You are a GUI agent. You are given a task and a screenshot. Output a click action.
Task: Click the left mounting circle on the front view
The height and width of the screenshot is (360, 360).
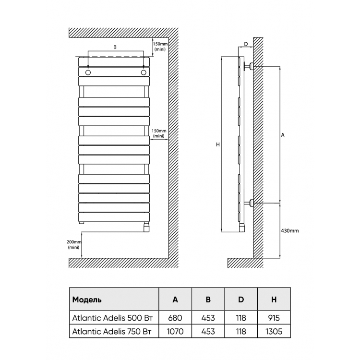coord(88,72)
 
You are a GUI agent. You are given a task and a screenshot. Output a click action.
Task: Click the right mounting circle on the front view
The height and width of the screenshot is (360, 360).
coord(144,72)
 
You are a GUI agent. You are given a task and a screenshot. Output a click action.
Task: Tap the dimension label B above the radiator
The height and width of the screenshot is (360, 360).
coord(115,47)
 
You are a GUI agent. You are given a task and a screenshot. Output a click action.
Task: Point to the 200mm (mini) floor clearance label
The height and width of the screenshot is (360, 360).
coord(74,244)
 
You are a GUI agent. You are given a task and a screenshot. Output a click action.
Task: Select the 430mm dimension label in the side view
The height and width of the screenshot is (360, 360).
coord(290,231)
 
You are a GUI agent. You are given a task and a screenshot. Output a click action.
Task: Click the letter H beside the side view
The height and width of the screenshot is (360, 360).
coord(218,144)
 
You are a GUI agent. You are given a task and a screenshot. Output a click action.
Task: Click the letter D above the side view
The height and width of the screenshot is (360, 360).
coord(246,44)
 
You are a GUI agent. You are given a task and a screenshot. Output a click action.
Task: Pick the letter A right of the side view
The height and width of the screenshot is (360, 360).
coord(283,135)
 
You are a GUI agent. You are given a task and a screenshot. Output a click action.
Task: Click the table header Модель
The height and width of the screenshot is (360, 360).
coord(87,300)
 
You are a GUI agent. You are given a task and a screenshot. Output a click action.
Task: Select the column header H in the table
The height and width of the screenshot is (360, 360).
coord(274,300)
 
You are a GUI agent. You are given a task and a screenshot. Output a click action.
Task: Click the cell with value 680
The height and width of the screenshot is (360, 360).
coord(175,318)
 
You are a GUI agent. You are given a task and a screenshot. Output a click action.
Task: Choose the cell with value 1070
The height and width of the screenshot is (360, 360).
coord(175,331)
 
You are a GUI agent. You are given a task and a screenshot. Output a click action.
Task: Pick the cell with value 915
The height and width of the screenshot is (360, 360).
coord(274,318)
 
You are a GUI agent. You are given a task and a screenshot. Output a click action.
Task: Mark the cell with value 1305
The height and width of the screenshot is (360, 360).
coord(274,331)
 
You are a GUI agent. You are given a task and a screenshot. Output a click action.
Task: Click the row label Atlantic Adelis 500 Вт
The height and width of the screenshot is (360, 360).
coord(112,318)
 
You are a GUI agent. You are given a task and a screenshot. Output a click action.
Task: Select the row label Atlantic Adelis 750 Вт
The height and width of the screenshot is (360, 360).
coord(112,331)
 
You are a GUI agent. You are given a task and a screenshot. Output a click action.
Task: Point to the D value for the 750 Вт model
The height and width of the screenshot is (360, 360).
coord(241,331)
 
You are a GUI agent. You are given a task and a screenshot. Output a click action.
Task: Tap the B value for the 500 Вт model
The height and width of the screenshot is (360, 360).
coord(208,318)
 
